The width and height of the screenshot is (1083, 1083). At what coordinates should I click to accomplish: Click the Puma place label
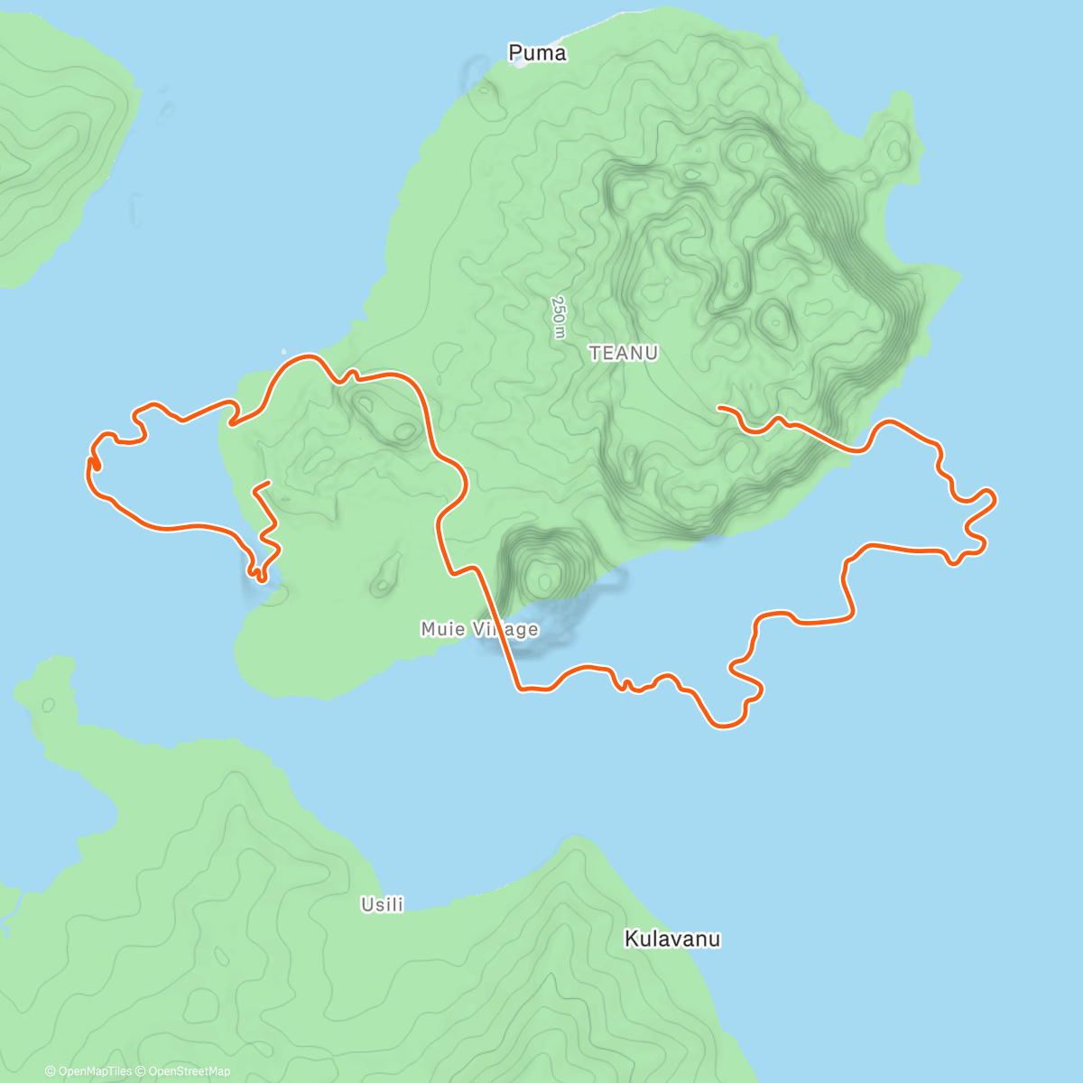(x=538, y=53)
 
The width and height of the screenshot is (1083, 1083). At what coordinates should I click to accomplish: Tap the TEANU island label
(x=624, y=353)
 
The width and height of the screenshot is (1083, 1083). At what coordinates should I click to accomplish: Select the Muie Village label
(x=479, y=629)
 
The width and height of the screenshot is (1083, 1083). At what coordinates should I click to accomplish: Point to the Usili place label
(x=382, y=903)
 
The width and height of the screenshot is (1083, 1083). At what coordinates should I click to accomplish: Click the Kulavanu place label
(x=672, y=940)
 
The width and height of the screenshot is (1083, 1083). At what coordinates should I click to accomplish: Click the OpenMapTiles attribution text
(x=94, y=1071)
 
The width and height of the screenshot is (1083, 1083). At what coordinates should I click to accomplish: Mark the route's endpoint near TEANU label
(x=719, y=408)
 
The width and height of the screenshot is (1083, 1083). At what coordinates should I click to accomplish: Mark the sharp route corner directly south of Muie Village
(x=520, y=690)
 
